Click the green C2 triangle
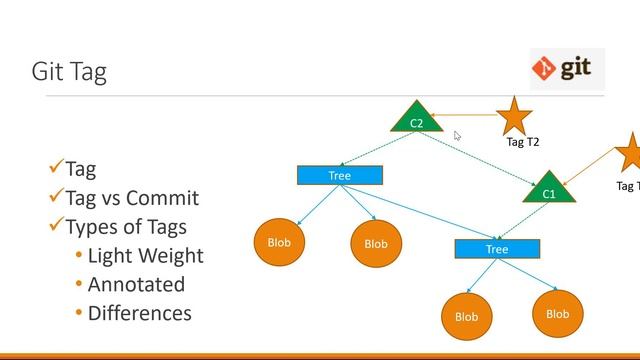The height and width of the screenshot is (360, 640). click(x=416, y=120)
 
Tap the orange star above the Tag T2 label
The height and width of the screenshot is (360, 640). click(x=514, y=116)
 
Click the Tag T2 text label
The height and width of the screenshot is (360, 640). click(x=522, y=142)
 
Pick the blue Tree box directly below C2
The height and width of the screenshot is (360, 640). click(x=340, y=175)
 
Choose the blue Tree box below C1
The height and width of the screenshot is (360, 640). click(x=497, y=249)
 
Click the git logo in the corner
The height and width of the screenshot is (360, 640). click(x=567, y=69)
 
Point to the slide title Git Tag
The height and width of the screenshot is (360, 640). click(x=69, y=72)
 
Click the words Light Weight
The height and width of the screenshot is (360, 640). click(x=145, y=255)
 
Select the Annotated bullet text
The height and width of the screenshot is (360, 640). click(x=136, y=284)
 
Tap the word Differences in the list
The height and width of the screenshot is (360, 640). click(x=139, y=313)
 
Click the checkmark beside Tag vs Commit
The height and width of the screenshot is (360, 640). click(x=56, y=197)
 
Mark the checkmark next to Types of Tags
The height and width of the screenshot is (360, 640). click(x=56, y=225)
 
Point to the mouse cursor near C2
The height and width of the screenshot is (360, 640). click(x=457, y=136)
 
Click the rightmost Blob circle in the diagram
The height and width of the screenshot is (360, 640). click(x=557, y=314)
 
